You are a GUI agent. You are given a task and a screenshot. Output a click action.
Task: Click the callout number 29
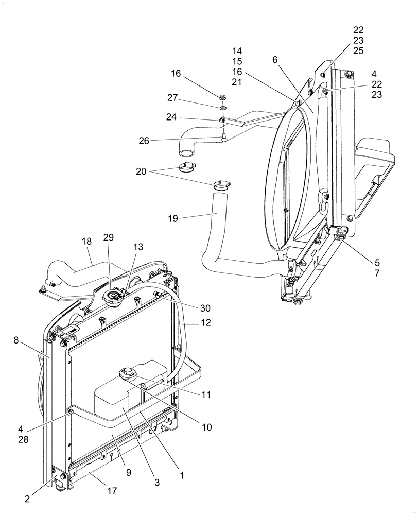tap(109, 237)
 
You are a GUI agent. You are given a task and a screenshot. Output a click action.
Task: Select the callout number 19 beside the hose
tap(173, 218)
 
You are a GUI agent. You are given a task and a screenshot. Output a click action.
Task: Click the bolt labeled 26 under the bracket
tap(224, 137)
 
